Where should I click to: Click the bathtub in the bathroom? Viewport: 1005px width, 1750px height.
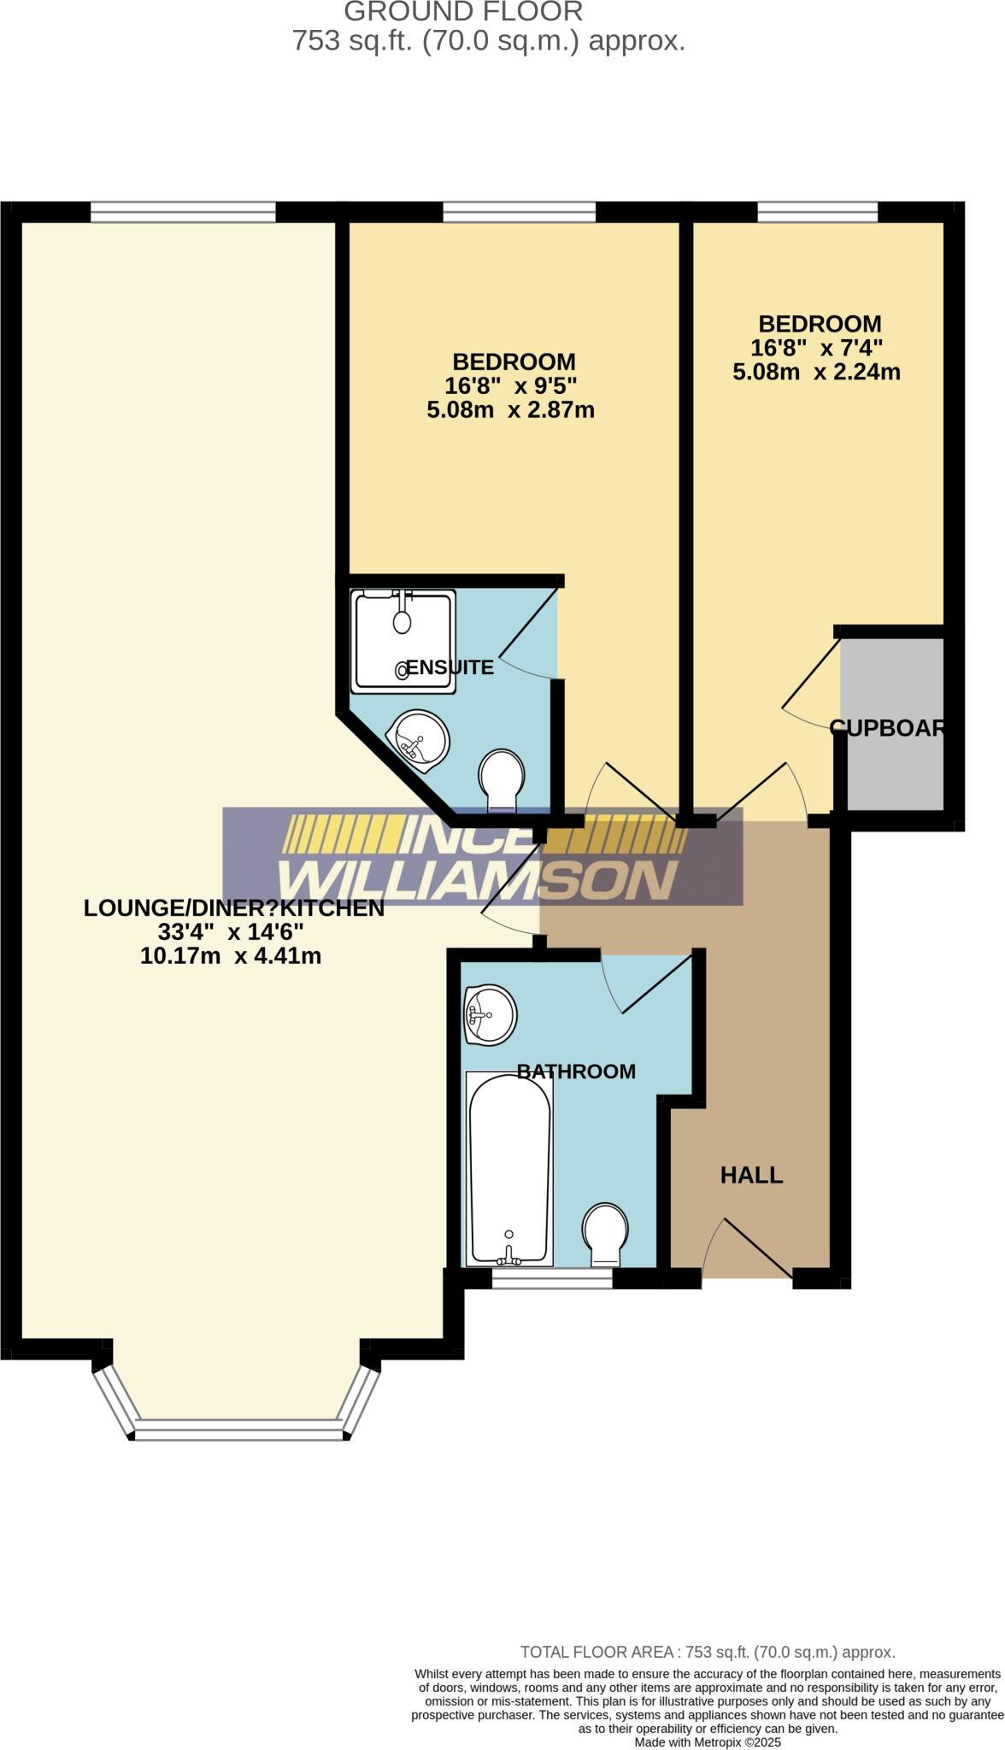[x=509, y=1170]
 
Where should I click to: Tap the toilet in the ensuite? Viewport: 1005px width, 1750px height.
[x=502, y=779]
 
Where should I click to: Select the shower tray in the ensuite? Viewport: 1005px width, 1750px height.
[x=403, y=639]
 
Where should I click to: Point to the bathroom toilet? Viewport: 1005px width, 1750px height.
[x=605, y=1234]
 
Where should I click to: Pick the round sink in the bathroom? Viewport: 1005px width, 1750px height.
[x=489, y=1014]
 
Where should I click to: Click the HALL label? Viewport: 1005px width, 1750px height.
[x=751, y=1175]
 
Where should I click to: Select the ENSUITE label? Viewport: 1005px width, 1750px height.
[x=450, y=667]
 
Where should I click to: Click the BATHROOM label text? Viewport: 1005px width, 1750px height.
[x=576, y=1071]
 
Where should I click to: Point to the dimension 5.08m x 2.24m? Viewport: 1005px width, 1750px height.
[x=816, y=372]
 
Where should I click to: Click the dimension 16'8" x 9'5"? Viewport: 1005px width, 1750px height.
[x=511, y=385]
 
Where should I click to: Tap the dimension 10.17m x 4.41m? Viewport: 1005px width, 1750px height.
[x=231, y=955]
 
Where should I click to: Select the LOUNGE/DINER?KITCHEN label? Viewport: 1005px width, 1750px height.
[x=233, y=908]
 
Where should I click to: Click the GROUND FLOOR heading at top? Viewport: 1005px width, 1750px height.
[x=463, y=12]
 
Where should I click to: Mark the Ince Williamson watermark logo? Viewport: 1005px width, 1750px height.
[x=482, y=856]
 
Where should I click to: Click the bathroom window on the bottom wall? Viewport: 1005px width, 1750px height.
[x=552, y=1277]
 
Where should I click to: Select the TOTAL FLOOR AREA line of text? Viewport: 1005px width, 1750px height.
[x=708, y=1652]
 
